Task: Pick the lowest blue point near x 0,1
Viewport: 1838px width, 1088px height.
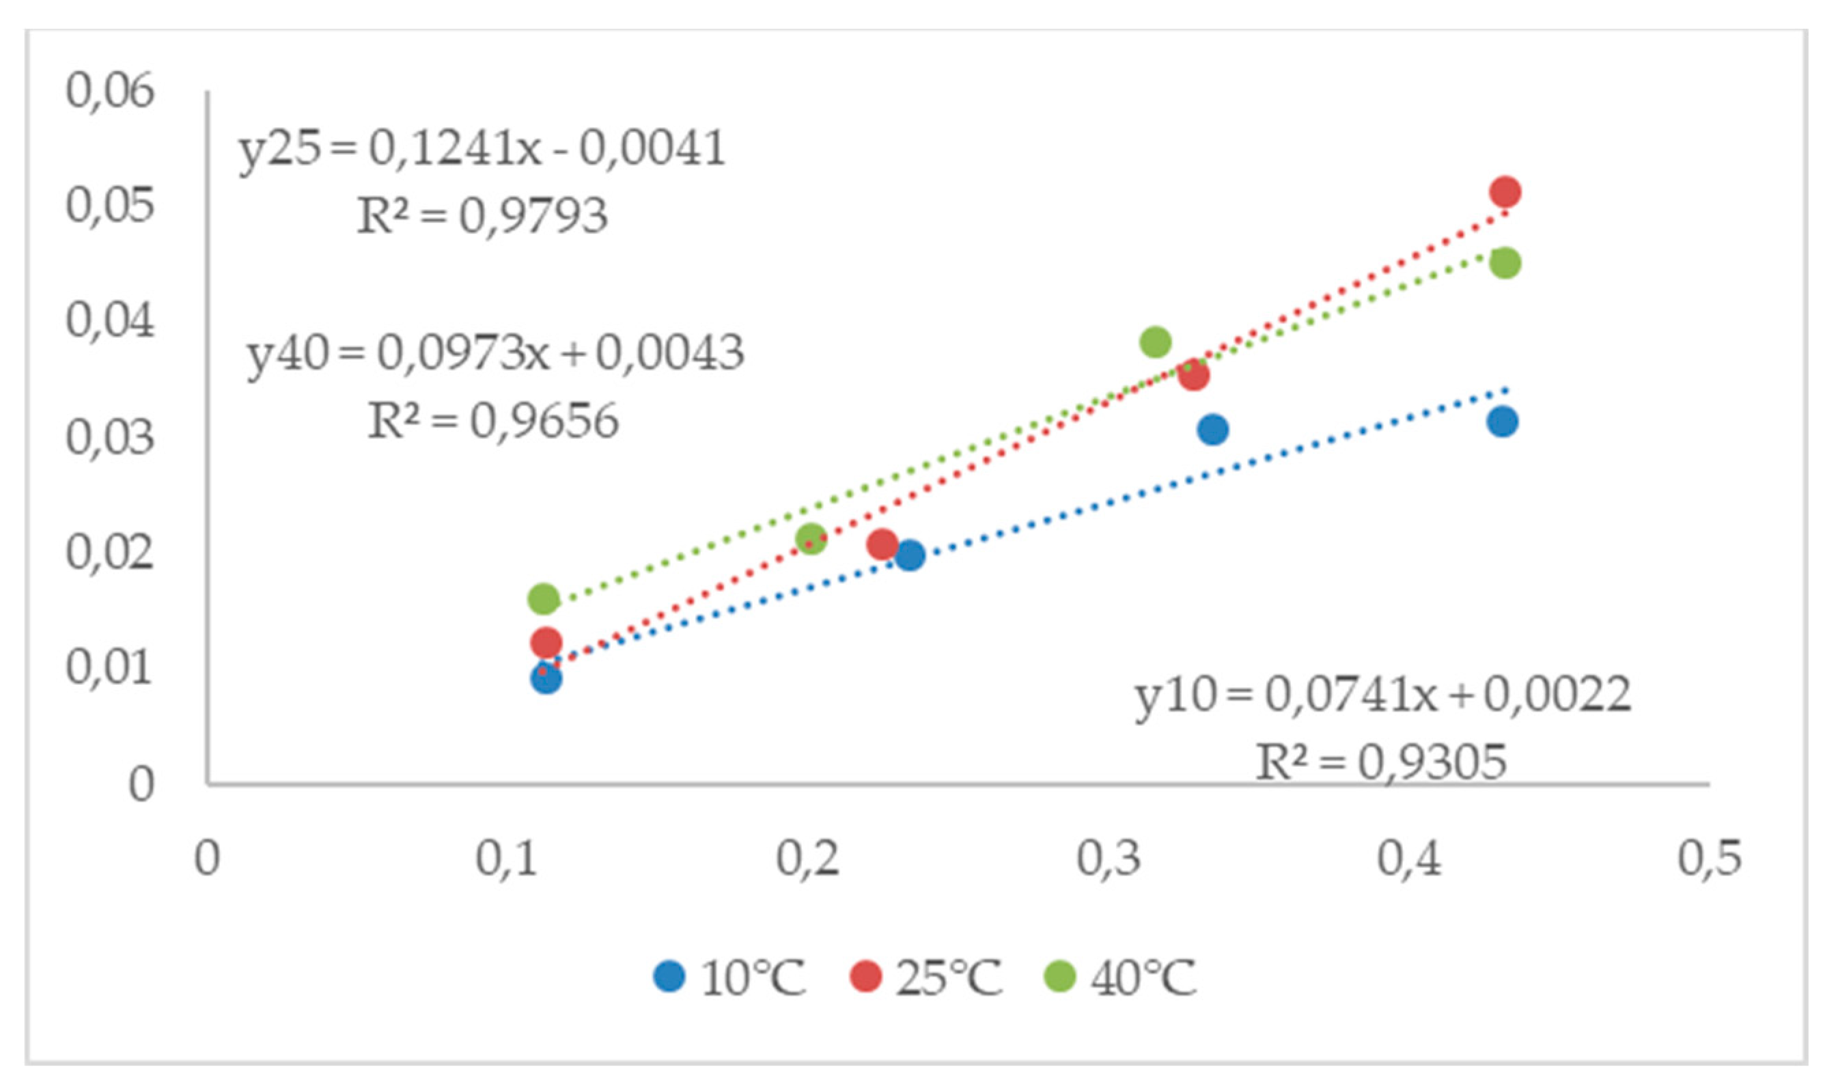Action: tap(546, 679)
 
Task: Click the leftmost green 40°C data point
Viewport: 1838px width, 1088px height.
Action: tap(543, 599)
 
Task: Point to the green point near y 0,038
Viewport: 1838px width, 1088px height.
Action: tap(1156, 341)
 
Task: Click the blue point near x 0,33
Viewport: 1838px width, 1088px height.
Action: tap(1213, 429)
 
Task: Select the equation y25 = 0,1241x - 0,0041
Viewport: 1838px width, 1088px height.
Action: tap(482, 149)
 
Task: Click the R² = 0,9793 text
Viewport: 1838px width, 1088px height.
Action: tap(482, 217)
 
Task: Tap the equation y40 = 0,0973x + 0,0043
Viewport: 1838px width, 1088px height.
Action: tap(496, 353)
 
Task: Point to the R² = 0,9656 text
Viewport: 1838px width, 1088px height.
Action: tap(492, 421)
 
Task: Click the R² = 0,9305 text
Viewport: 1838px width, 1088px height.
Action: tap(1380, 762)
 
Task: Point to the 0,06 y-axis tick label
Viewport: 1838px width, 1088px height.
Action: tap(110, 91)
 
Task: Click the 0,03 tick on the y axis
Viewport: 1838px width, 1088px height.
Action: tap(110, 438)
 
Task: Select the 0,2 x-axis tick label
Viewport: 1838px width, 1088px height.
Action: tap(807, 858)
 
